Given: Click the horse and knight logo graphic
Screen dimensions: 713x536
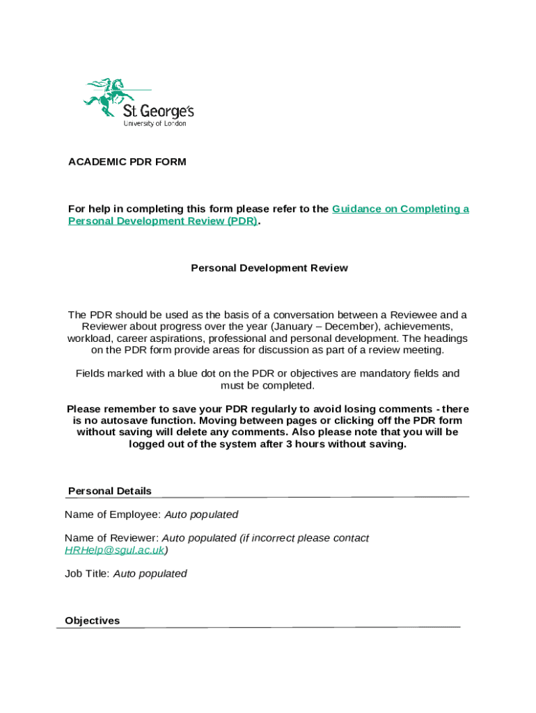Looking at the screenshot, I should coord(109,95).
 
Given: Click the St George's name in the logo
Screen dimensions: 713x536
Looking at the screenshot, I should coord(158,111).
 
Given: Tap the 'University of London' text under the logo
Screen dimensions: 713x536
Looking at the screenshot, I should coord(155,124).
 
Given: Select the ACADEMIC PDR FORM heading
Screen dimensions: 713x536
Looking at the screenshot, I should coord(127,162).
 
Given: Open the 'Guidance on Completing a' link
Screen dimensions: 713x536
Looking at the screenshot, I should coord(400,209).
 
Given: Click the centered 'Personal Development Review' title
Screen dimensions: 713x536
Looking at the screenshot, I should coord(269,268).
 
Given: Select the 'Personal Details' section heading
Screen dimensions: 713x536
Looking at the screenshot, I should coord(110,492).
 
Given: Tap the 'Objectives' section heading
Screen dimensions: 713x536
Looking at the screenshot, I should coord(92,621).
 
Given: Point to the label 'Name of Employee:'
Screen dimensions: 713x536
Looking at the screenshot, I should coord(112,515).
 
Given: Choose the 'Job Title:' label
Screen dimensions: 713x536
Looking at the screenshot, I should coord(87,574).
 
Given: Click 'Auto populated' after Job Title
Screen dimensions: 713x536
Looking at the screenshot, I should coord(150,574).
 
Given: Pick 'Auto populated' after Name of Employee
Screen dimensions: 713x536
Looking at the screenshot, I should coord(201,515).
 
